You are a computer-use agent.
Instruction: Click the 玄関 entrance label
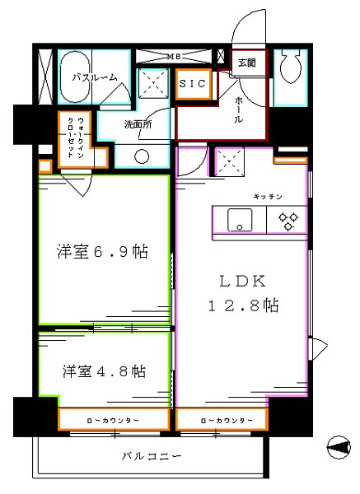tap(246, 63)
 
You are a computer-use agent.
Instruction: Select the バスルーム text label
tap(93, 77)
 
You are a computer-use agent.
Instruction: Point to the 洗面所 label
tap(138, 125)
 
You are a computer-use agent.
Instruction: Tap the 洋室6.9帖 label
tap(102, 252)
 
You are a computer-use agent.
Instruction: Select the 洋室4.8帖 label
tap(102, 371)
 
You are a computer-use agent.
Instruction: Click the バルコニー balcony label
tap(152, 455)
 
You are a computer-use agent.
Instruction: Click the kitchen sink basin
tap(239, 221)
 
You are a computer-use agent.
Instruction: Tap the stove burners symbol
tap(288, 220)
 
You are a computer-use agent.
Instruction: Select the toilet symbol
tap(290, 66)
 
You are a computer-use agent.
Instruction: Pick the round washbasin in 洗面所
tap(141, 156)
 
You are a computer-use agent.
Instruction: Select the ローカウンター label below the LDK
tap(222, 421)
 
